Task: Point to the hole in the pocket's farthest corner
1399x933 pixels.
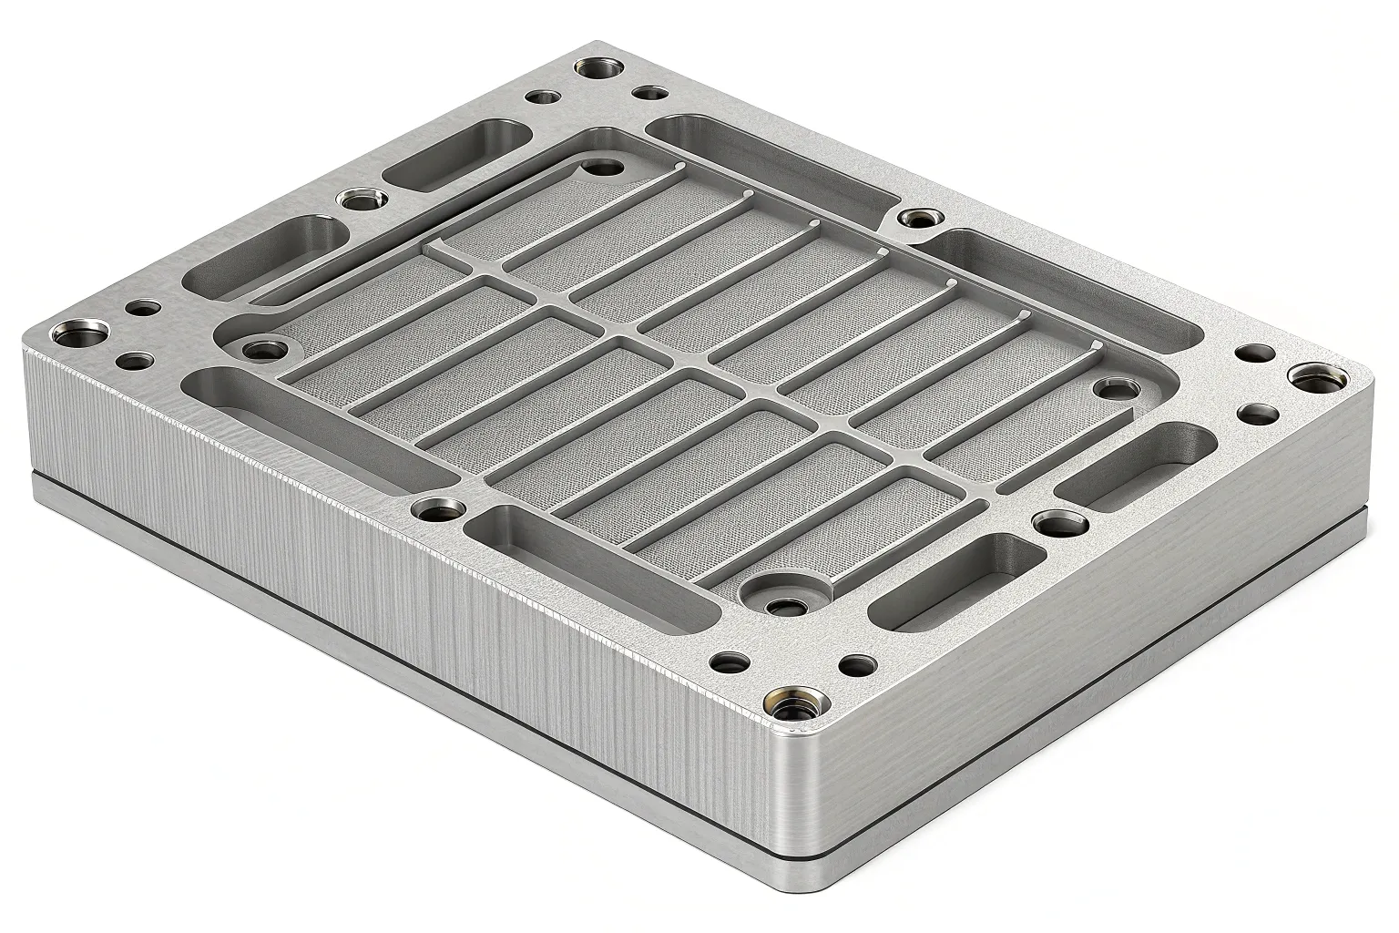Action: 600,168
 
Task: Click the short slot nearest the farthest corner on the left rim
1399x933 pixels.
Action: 455,155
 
